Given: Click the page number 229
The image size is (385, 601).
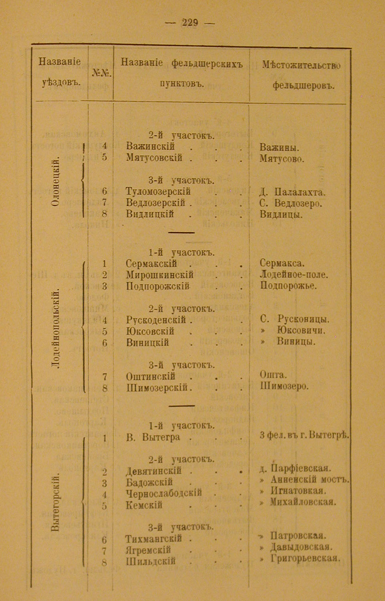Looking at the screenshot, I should click(190, 23).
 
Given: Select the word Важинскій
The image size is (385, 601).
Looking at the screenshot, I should click(150, 147).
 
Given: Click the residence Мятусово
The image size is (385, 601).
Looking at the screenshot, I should click(282, 159).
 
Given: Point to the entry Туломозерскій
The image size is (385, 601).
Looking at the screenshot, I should click(158, 192).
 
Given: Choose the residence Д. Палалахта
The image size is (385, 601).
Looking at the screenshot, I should click(292, 192).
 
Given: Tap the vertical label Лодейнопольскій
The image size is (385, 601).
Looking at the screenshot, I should click(56, 328).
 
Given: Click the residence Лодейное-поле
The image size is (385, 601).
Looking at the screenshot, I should click(294, 275).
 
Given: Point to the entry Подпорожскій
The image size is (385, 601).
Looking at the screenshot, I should click(157, 286).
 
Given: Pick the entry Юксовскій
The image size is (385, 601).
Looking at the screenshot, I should click(150, 331).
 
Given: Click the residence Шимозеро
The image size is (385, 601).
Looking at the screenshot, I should click(284, 387).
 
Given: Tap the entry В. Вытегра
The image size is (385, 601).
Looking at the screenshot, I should click(153, 437).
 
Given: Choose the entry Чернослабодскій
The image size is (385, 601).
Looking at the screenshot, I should click(164, 493).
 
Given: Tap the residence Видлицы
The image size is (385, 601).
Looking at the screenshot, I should click(281, 214).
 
